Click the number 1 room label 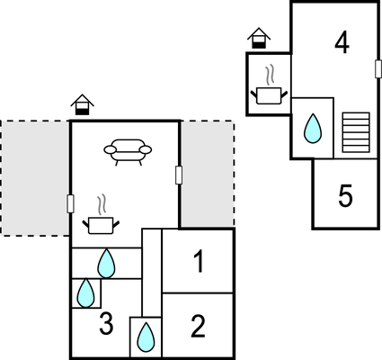199,262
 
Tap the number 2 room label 198,326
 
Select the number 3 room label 106,324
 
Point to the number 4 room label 342,43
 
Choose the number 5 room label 345,196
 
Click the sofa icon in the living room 128,152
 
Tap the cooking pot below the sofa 101,215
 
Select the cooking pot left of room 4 269,85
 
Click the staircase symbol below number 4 356,132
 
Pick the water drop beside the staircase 313,129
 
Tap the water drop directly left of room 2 146,337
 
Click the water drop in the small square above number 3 86,293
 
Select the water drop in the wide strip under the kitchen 106,264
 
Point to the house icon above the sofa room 83,104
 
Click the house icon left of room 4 259,38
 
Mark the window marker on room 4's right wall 378,68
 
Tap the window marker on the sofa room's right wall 179,175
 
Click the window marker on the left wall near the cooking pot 70,204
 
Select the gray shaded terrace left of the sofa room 35,178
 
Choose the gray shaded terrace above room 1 207,174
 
